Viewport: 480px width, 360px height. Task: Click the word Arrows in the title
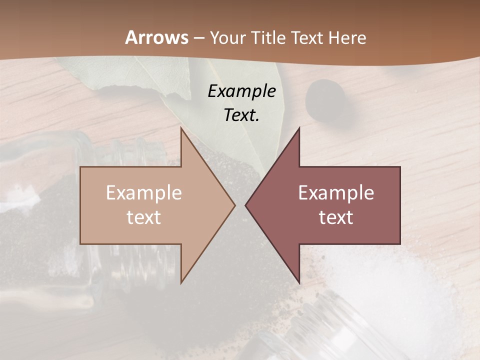(156, 37)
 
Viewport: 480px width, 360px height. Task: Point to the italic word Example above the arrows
(241, 91)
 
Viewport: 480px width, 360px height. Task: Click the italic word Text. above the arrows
(241, 115)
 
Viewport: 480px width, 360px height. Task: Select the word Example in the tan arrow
(144, 192)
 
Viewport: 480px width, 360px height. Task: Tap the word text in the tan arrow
(144, 217)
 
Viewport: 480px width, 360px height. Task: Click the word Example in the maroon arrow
(336, 192)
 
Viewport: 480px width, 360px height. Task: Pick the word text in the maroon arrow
(336, 217)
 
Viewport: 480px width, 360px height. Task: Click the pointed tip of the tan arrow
(234, 205)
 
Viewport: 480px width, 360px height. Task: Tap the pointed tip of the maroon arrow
(245, 205)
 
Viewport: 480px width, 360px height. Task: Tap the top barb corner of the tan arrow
(181, 128)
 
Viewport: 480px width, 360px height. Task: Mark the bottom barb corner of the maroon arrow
(299, 283)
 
